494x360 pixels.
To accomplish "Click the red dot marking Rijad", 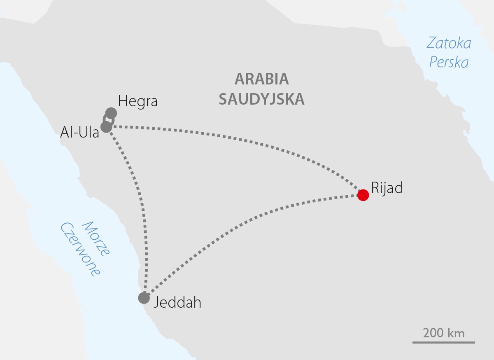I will [x=363, y=195].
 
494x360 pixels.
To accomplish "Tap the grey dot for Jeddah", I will [x=144, y=298].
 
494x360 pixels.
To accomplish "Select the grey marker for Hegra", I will [x=111, y=113].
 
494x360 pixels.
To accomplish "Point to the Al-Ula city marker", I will [x=106, y=126].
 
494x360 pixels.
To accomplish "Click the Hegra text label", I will [x=137, y=101].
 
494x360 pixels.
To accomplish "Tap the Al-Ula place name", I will [x=79, y=133].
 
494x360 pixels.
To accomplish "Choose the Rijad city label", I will [x=387, y=188].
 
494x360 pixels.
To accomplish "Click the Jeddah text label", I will [x=177, y=303].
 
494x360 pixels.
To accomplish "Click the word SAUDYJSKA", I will [x=261, y=99].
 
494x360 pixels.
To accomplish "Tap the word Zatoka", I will [x=449, y=43].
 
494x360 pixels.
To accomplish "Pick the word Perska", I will [x=449, y=63].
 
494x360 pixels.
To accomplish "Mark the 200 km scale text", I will [x=444, y=333].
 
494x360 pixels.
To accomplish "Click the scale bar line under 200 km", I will [x=444, y=342].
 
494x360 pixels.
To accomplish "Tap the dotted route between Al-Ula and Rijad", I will [x=247, y=142].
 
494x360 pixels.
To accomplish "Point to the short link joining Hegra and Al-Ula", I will [x=106, y=119].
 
